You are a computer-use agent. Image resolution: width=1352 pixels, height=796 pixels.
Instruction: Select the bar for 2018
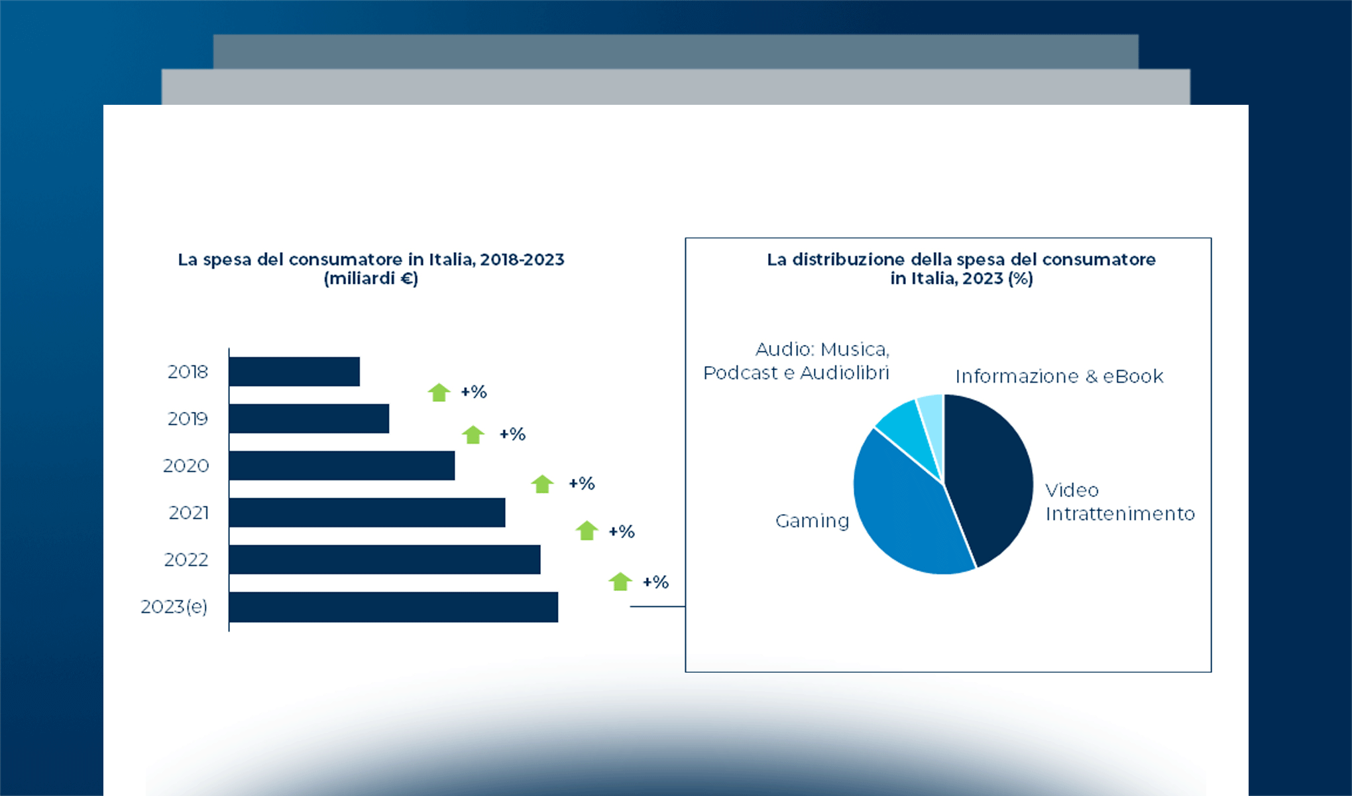pyautogui.click(x=294, y=371)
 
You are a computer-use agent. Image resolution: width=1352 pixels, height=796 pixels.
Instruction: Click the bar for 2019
pyautogui.click(x=309, y=419)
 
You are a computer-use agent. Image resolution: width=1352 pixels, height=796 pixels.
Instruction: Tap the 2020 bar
pyautogui.click(x=342, y=466)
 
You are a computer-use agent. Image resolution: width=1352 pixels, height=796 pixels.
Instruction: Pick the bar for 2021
pyautogui.click(x=367, y=513)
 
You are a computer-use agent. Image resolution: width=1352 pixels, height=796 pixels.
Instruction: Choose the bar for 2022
pyautogui.click(x=384, y=560)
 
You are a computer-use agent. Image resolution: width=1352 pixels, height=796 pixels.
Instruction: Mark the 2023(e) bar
pyautogui.click(x=394, y=607)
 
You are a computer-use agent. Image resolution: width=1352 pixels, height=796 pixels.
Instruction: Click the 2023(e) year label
pyautogui.click(x=174, y=607)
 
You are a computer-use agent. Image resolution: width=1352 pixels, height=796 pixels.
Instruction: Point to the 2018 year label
pyautogui.click(x=188, y=371)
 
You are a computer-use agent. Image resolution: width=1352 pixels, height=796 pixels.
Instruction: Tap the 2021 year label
pyautogui.click(x=189, y=513)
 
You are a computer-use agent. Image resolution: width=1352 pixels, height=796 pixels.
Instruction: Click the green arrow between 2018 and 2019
pyautogui.click(x=439, y=393)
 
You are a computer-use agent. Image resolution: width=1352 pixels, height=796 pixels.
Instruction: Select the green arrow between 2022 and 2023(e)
pyautogui.click(x=620, y=582)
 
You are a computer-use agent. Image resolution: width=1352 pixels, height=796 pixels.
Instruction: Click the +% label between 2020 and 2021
pyautogui.click(x=581, y=484)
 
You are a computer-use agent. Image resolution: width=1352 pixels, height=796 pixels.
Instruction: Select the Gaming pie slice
pyautogui.click(x=908, y=511)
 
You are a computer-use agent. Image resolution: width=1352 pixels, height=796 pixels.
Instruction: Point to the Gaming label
pyautogui.click(x=812, y=521)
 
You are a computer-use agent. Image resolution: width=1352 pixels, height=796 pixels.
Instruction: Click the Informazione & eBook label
pyautogui.click(x=1059, y=377)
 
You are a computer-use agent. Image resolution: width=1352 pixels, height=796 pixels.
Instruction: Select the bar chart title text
pyautogui.click(x=371, y=269)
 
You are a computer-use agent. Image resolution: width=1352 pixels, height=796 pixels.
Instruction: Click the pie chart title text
pyautogui.click(x=961, y=269)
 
